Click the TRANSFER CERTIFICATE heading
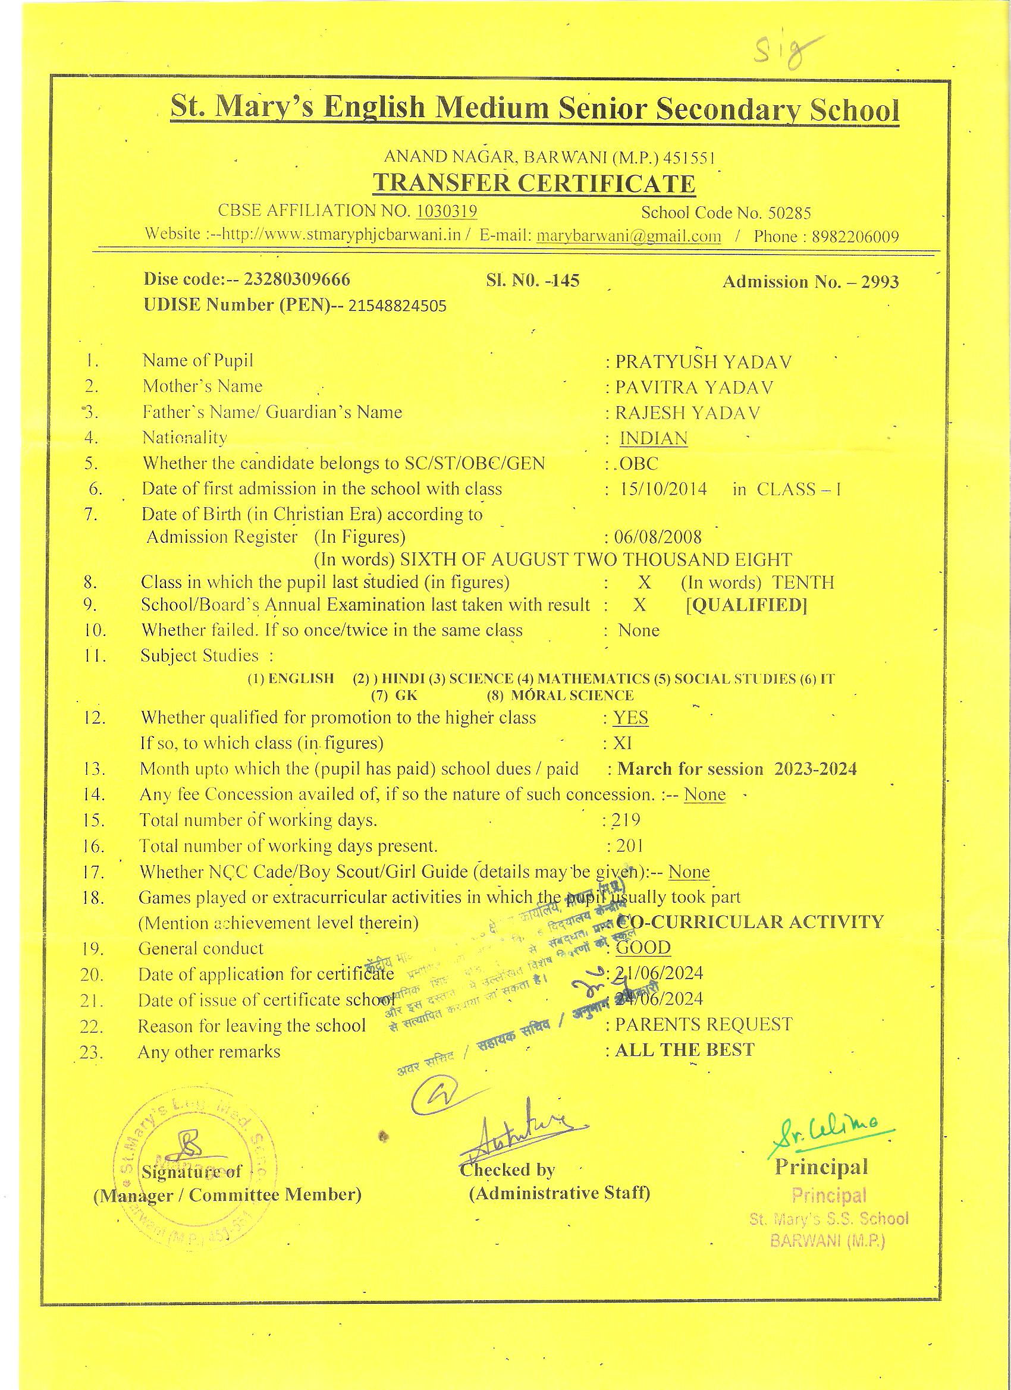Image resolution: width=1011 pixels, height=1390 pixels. pos(534,183)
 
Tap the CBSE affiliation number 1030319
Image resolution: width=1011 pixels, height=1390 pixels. pos(447,212)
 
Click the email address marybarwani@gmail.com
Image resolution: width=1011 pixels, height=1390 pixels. pos(629,237)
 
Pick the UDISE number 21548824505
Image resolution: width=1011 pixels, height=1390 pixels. pos(397,306)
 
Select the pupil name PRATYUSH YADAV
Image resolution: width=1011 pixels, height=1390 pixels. pos(703,362)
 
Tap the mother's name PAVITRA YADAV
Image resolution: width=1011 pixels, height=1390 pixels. pos(694,388)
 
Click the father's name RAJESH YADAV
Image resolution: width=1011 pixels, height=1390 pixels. pos(688,413)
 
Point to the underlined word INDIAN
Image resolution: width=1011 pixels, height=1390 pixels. pos(653,439)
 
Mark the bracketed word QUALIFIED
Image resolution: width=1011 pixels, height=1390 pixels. pos(746,605)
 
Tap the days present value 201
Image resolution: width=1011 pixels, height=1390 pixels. pos(629,847)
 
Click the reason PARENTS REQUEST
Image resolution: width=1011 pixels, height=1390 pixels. pos(703,1024)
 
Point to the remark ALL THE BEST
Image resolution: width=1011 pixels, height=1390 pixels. pos(685,1050)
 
